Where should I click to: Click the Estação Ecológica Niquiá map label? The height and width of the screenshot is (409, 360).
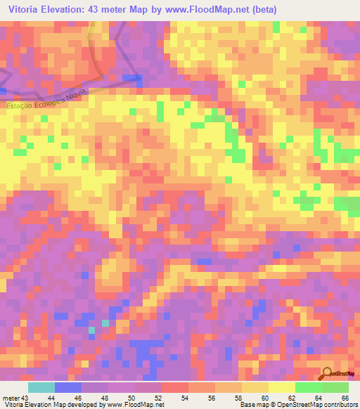(48, 98)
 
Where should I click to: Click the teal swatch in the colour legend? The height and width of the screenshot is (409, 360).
(41, 388)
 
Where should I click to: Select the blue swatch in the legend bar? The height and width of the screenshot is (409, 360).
(68, 388)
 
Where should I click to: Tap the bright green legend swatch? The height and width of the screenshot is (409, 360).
(307, 388)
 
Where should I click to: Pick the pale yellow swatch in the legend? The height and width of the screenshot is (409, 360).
(281, 388)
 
